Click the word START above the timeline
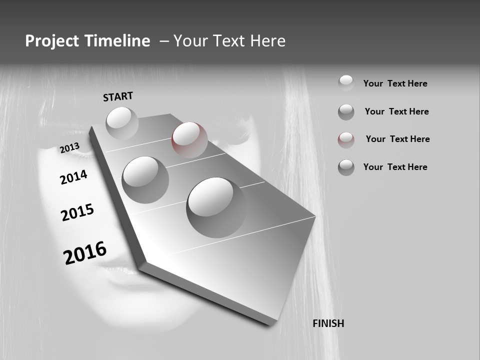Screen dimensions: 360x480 tap(118, 96)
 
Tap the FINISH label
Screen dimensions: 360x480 tap(328, 323)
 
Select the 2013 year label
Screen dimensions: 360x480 tap(69, 148)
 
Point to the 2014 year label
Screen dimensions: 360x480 tap(73, 177)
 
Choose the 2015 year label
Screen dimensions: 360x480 tap(77, 212)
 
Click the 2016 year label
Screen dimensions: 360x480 tap(85, 252)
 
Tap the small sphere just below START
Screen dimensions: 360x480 tap(122, 123)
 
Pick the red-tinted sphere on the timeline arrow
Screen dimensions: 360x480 tap(189, 139)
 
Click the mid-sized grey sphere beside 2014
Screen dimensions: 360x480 tap(145, 179)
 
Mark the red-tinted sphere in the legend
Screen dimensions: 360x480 tap(346, 140)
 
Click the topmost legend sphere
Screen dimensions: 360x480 tap(346, 83)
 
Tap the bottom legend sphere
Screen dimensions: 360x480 tap(346, 167)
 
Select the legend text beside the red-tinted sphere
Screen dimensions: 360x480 tap(397, 139)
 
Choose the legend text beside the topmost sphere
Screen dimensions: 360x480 tap(395, 83)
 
